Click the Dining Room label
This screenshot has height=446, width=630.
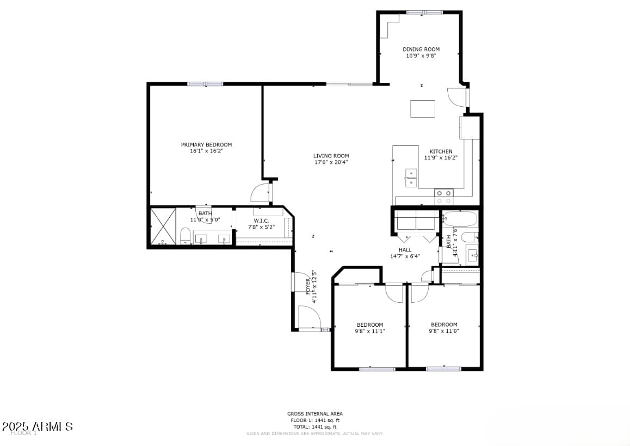point(421,50)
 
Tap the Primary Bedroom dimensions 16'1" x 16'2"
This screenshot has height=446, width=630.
point(206,151)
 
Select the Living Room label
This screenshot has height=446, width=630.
point(331,156)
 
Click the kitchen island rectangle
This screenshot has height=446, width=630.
point(423,109)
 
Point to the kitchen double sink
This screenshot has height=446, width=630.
point(411,178)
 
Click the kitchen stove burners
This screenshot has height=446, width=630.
point(444,193)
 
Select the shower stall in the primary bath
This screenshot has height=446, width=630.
point(163,226)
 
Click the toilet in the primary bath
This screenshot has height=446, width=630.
point(185,236)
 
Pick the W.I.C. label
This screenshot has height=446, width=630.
point(261,221)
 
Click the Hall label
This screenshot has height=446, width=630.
point(405,250)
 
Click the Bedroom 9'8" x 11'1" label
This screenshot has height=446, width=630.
point(369,325)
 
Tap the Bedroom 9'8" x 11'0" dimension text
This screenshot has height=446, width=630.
point(444,331)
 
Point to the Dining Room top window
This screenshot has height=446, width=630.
point(424,12)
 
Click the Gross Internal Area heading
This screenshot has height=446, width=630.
point(315,414)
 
